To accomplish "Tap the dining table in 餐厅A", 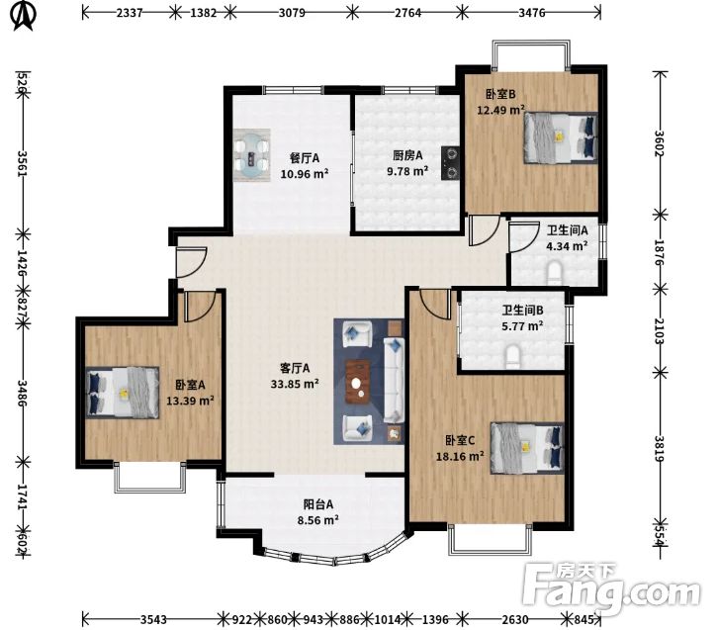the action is point(251,155).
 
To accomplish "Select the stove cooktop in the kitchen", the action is point(450,162).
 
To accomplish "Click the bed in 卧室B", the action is point(561,137).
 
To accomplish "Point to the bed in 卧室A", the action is point(123,393).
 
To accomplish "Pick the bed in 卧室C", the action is point(527,448).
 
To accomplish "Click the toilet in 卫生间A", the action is point(555,271).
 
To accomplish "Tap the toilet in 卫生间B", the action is point(512,356).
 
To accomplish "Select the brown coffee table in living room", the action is point(359,382).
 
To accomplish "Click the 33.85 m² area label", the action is point(295,384).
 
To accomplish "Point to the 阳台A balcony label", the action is point(318,504).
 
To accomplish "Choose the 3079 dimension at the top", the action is point(292,12).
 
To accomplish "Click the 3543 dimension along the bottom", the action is point(153,619).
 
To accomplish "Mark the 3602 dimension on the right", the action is point(660,143).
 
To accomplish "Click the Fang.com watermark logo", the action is point(612,589).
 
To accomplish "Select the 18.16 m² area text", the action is point(460,457).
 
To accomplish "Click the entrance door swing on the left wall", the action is point(192,262).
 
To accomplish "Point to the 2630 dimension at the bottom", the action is point(514,619).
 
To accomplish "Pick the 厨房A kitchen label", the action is point(407,155).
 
